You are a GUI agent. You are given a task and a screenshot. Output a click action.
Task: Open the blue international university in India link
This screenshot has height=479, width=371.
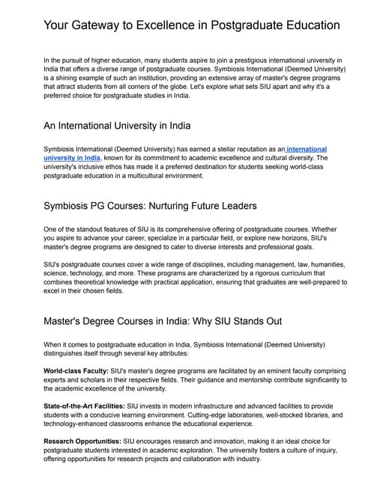point(300,150)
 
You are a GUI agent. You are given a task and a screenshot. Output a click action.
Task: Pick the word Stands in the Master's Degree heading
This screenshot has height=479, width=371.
point(236,321)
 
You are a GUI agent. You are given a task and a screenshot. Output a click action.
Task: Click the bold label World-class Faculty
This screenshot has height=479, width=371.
point(79,372)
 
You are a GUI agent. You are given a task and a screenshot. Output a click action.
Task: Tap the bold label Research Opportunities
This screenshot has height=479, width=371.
point(86,441)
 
